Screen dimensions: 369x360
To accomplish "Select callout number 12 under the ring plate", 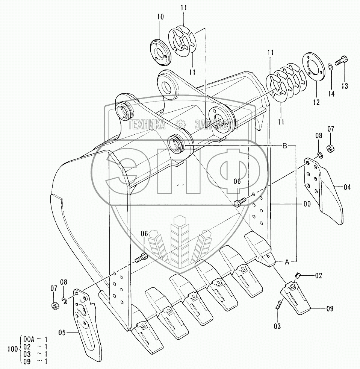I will (x=316, y=102).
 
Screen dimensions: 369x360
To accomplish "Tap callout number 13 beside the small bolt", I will (x=345, y=86).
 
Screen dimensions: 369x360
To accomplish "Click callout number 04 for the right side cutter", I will (x=347, y=187).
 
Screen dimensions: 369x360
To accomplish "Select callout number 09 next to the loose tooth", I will (x=330, y=309).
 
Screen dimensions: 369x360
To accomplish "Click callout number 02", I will (x=318, y=276).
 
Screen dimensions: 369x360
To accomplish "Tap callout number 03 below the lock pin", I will (x=277, y=326).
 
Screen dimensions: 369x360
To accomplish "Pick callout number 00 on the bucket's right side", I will (x=307, y=204).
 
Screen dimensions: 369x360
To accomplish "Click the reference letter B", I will (x=285, y=145).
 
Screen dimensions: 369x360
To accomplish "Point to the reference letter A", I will (x=286, y=263).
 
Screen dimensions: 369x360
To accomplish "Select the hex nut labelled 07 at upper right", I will (x=331, y=148).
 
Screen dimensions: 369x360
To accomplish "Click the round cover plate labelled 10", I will (x=160, y=52).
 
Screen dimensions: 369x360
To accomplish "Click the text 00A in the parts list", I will (x=29, y=338).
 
